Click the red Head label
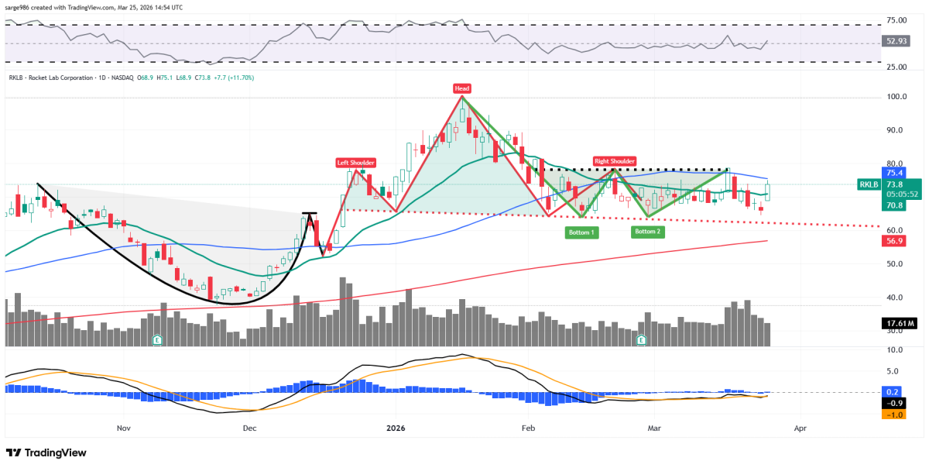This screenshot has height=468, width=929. coord(462,88)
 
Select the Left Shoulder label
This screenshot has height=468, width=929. coord(355,163)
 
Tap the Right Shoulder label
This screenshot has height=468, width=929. coord(615,161)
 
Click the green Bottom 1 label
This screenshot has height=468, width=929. coord(581,232)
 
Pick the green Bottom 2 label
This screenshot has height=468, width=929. coord(648,232)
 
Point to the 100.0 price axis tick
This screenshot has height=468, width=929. coord(897,98)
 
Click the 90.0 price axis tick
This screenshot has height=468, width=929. coord(897,131)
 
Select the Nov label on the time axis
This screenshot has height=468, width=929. coord(123,428)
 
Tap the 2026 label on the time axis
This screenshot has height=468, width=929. coord(396,428)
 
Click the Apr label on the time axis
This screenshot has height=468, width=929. coord(800,428)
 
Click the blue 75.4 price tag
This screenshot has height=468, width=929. coord(896,174)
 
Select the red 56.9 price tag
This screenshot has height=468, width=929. coord(896,241)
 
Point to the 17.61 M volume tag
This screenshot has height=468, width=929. coord(901,323)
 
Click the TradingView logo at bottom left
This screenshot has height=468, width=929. coord(46,453)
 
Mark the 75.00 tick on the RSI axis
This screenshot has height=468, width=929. coord(898,20)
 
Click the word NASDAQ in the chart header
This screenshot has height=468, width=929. coord(122,77)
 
